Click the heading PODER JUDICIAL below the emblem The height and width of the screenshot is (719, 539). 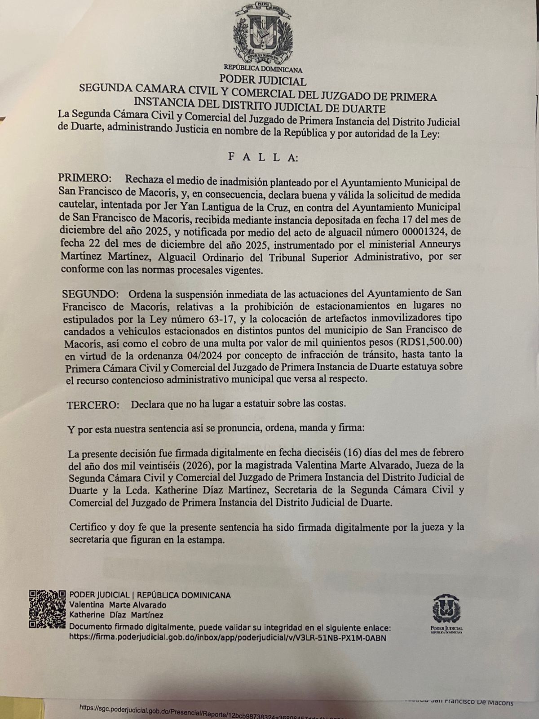pos(263,81)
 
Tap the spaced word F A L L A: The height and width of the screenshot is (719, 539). pos(262,157)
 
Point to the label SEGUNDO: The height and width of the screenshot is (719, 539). pos(90,294)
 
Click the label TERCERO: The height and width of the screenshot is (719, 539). pos(93,404)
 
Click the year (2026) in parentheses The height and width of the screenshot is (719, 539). pos(212,464)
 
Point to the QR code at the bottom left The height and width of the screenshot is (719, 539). pos(47,609)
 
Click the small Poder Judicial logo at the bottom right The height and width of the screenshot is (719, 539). pos(446,613)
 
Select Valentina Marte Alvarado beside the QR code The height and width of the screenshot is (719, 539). pos(118,605)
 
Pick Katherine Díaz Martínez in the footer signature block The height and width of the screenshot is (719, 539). pos(116,615)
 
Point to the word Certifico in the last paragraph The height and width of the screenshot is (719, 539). pos(88,527)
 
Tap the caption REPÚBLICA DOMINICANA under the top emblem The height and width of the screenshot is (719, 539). pos(263,70)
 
